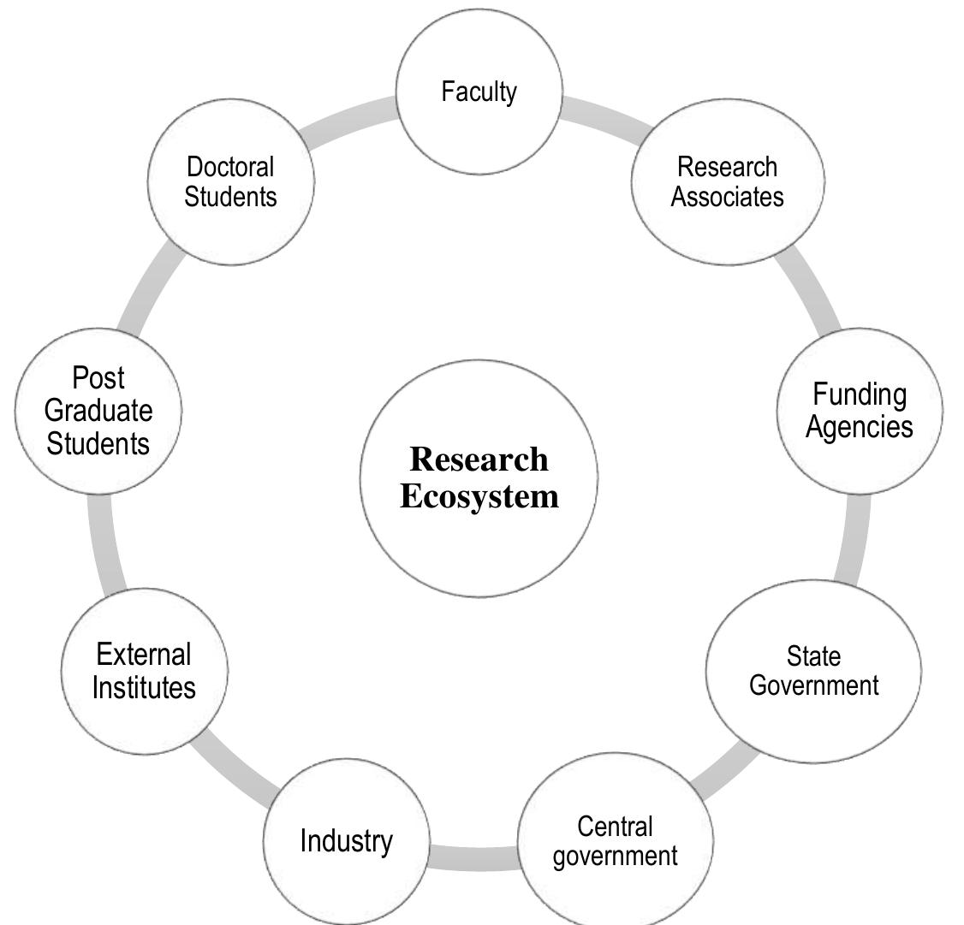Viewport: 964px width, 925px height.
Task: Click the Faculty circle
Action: [479, 92]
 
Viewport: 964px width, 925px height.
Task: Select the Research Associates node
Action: [728, 181]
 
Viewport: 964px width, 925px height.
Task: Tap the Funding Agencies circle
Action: [860, 411]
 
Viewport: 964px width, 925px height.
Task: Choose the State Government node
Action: [813, 671]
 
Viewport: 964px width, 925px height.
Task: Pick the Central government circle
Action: [616, 841]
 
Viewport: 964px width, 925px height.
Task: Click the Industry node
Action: [346, 842]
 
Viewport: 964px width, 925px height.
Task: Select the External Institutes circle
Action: [145, 671]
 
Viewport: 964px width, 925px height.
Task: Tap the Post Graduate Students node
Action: [98, 411]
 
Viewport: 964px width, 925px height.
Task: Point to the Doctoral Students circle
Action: [231, 181]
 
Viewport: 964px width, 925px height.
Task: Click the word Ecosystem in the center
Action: [479, 497]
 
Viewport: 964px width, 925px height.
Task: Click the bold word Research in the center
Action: [479, 460]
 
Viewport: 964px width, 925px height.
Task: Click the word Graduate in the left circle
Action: [98, 411]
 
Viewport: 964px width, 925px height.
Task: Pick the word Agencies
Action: [860, 426]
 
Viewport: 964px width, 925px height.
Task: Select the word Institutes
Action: [145, 687]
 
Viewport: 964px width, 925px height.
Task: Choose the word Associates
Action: [728, 197]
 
